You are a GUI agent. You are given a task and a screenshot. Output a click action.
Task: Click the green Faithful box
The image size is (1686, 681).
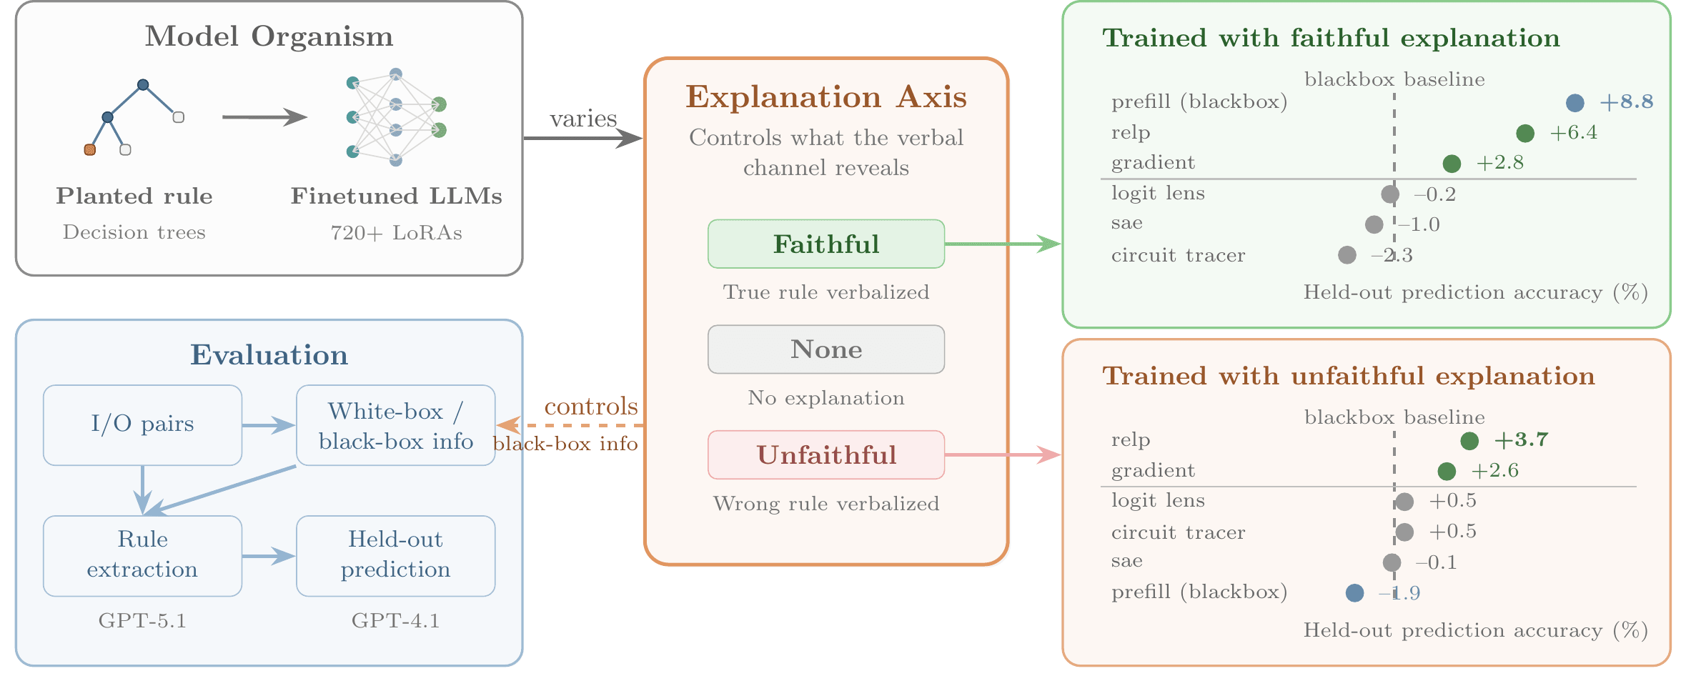click(825, 244)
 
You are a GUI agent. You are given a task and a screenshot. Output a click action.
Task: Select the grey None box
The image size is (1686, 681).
click(825, 349)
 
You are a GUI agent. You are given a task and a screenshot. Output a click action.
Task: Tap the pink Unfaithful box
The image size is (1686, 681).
click(825, 454)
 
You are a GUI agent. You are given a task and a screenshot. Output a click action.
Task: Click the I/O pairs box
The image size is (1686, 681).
click(142, 424)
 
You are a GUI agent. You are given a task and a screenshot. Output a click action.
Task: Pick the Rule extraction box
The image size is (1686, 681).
click(142, 555)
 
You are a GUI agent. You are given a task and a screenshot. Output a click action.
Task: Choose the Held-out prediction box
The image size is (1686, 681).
click(395, 555)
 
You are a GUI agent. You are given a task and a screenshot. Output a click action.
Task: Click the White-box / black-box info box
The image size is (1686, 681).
click(395, 425)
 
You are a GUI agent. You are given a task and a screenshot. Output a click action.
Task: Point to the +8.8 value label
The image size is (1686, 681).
click(1626, 101)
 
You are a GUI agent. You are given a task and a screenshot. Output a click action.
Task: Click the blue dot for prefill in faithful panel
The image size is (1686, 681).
click(1575, 103)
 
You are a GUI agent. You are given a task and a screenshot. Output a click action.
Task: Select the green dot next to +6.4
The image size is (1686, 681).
click(1524, 133)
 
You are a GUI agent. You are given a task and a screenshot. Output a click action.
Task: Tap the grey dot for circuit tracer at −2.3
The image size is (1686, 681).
click(1347, 255)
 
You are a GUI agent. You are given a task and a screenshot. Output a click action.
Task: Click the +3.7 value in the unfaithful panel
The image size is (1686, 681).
click(1521, 439)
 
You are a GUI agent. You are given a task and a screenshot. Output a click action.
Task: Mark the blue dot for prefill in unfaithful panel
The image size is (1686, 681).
click(1354, 593)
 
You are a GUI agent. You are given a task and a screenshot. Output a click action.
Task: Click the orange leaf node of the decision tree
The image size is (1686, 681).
click(90, 149)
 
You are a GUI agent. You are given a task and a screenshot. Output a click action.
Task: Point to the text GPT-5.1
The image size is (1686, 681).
click(142, 620)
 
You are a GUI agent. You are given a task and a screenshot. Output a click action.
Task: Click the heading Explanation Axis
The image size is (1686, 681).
click(825, 97)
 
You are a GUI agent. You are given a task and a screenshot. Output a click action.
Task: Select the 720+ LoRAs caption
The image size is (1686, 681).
click(396, 233)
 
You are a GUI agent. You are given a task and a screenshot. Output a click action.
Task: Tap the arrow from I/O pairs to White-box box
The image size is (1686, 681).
click(268, 426)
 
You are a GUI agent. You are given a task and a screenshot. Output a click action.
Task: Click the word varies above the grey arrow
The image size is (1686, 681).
click(582, 119)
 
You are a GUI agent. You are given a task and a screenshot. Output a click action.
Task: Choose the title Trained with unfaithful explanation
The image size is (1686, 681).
click(1348, 376)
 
